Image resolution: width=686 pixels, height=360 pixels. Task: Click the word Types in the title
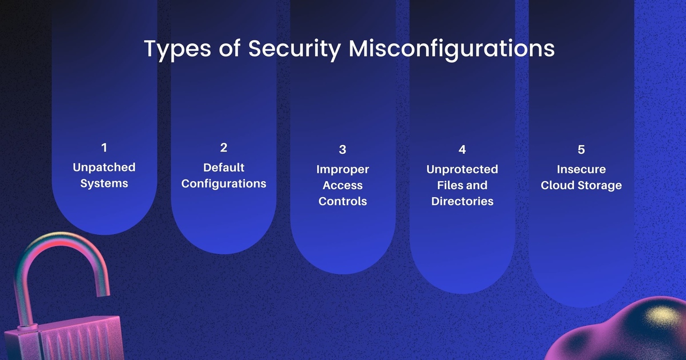[177, 49]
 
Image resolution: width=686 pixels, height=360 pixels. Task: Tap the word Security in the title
[295, 49]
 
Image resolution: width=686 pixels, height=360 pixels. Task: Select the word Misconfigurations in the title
[452, 49]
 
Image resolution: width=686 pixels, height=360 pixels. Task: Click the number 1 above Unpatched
[104, 147]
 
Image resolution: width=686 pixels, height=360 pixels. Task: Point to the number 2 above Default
[223, 147]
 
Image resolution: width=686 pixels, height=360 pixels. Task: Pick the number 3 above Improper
[342, 149]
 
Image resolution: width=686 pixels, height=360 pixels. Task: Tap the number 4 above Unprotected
[462, 149]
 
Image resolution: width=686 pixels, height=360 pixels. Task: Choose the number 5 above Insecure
[581, 149]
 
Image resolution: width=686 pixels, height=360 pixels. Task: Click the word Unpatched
[104, 168]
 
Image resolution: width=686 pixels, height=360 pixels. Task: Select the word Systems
[104, 184]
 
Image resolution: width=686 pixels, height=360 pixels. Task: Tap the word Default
[223, 168]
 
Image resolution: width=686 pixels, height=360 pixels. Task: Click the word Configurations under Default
[223, 184]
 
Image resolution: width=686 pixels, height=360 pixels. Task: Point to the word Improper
[342, 170]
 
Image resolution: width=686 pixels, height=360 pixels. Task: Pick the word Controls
[342, 201]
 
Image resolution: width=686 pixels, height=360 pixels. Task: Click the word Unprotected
[462, 170]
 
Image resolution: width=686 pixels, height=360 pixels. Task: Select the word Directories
[462, 201]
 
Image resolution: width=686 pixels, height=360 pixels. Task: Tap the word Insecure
[581, 169]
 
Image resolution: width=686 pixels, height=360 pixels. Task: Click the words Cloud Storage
[581, 185]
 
